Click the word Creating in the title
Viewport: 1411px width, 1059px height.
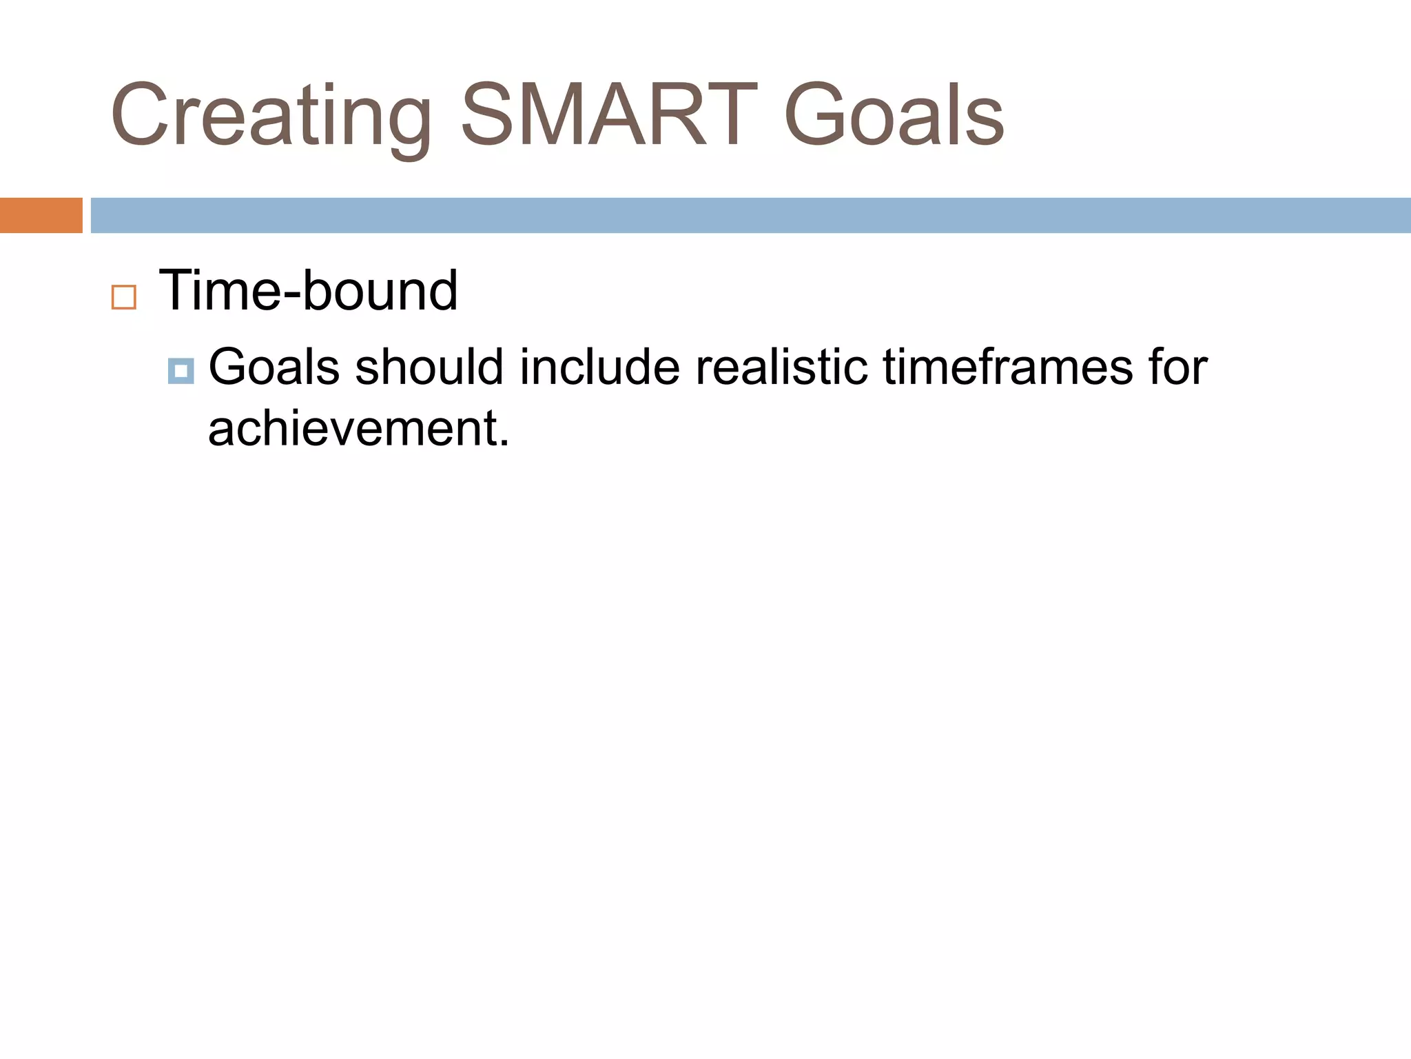click(x=271, y=116)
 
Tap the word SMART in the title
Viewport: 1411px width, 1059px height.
click(x=609, y=116)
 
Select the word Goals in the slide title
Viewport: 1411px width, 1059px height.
click(x=894, y=116)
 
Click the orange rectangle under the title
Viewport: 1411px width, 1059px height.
click(x=41, y=215)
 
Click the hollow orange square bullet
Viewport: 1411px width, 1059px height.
click(x=124, y=297)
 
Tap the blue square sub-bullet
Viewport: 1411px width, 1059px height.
click(x=181, y=371)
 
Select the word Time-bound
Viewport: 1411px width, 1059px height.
click(x=308, y=291)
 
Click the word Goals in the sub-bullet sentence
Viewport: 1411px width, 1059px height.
click(x=274, y=367)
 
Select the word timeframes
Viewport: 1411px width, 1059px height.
click(x=1007, y=367)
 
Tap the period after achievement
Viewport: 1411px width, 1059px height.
click(x=504, y=443)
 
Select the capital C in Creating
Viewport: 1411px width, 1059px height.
click(x=141, y=116)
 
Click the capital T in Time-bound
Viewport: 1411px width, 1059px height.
click(x=176, y=291)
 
